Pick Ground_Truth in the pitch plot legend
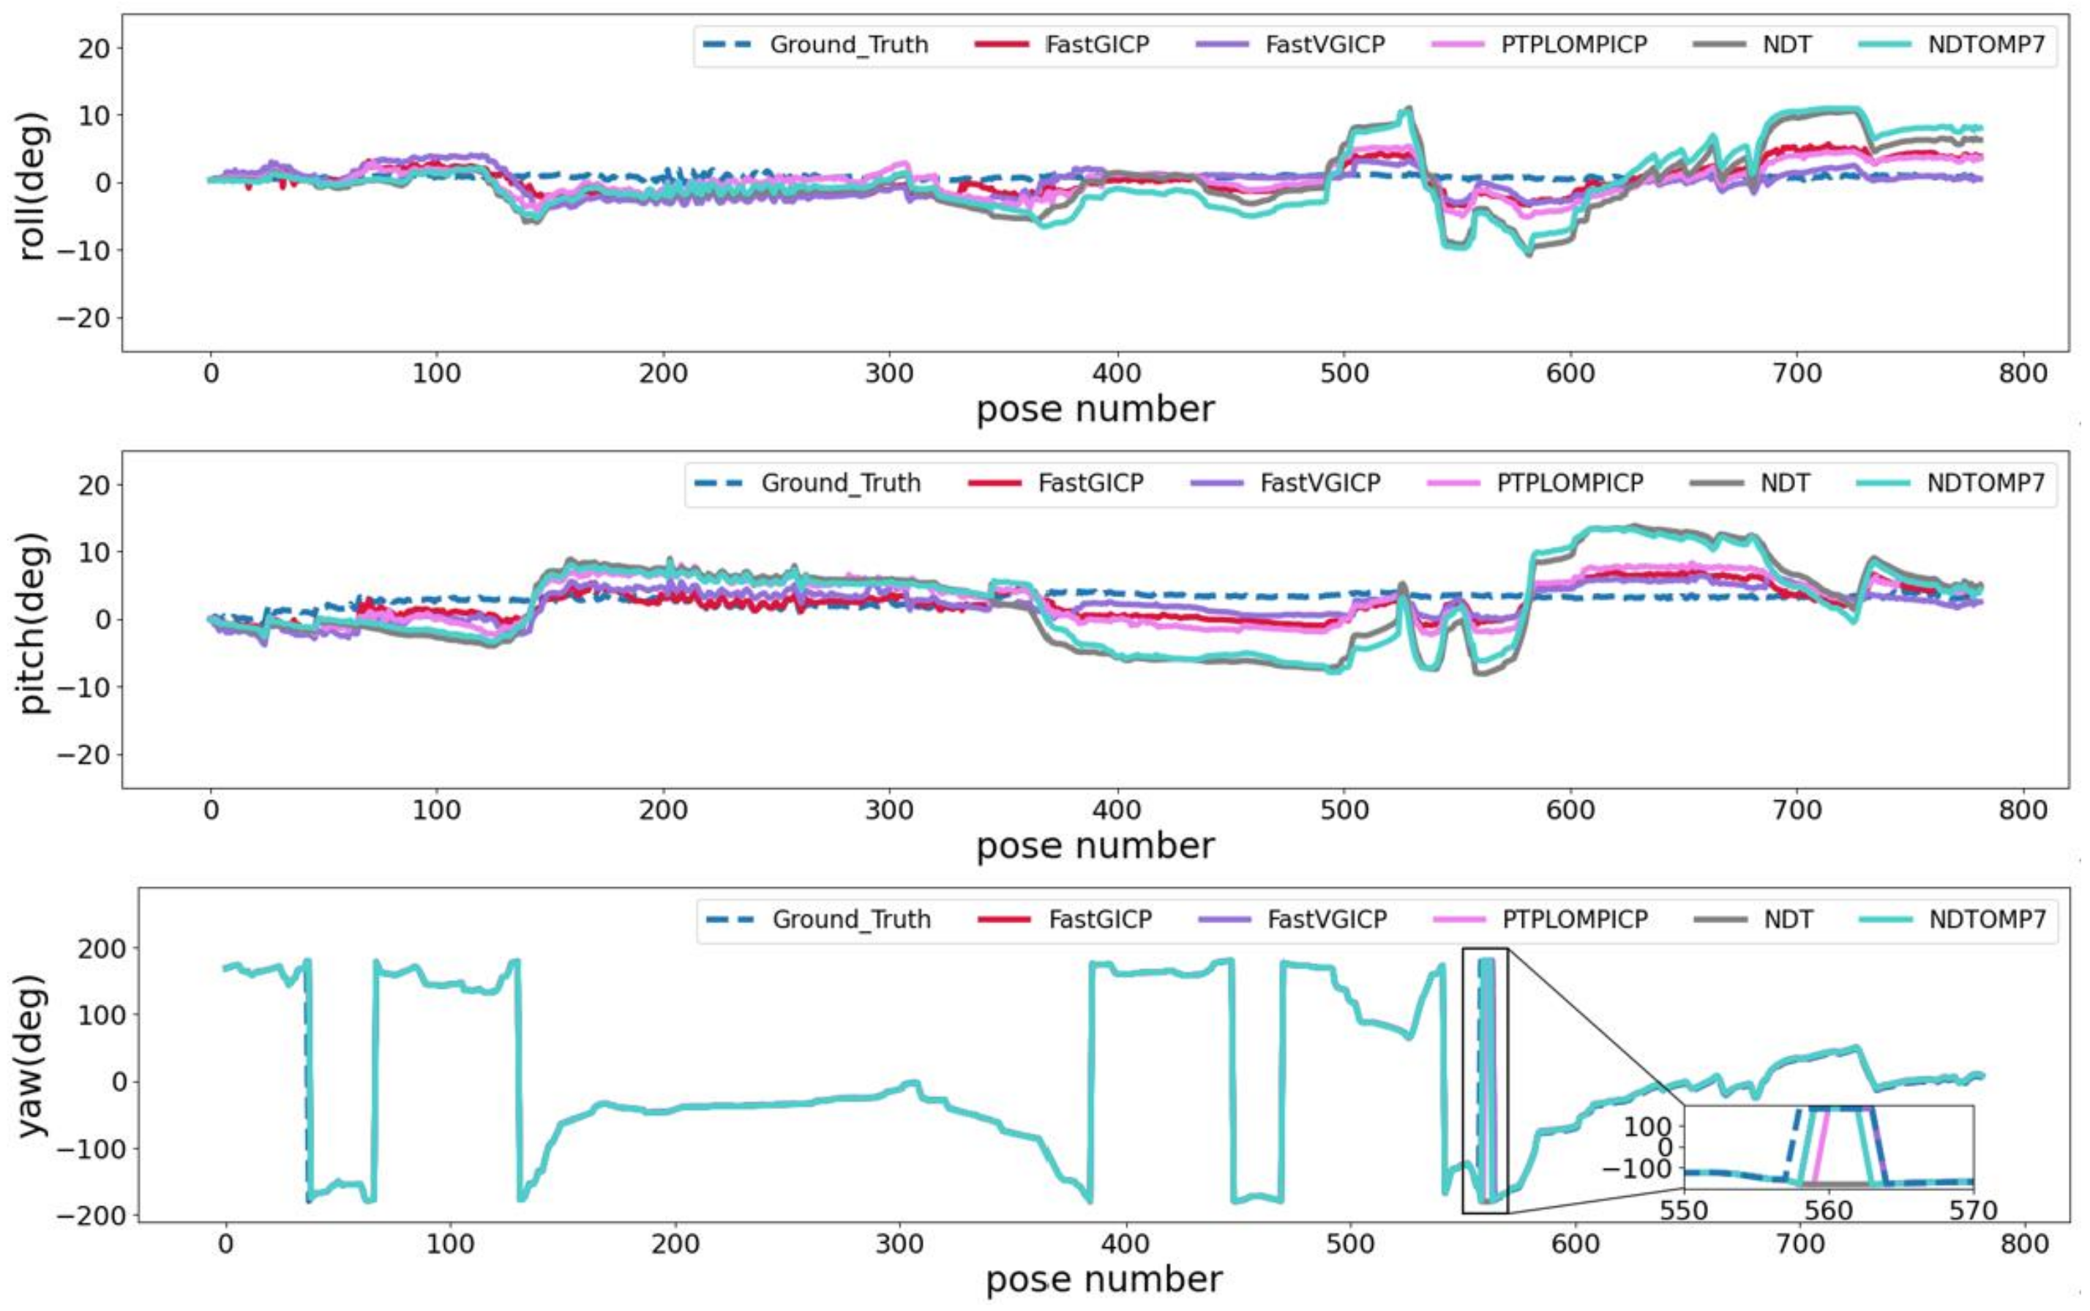(x=840, y=483)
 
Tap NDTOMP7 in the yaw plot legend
(x=1987, y=919)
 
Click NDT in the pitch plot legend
(x=1784, y=483)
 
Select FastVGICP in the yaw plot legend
(x=1326, y=919)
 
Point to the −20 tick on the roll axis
(x=84, y=318)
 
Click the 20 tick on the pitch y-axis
(x=94, y=485)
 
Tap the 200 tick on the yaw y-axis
(x=102, y=948)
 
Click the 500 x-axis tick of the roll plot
(x=1344, y=374)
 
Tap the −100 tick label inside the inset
(x=1635, y=1169)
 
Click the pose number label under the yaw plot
(x=1104, y=1280)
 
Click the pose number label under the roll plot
(x=1095, y=409)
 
